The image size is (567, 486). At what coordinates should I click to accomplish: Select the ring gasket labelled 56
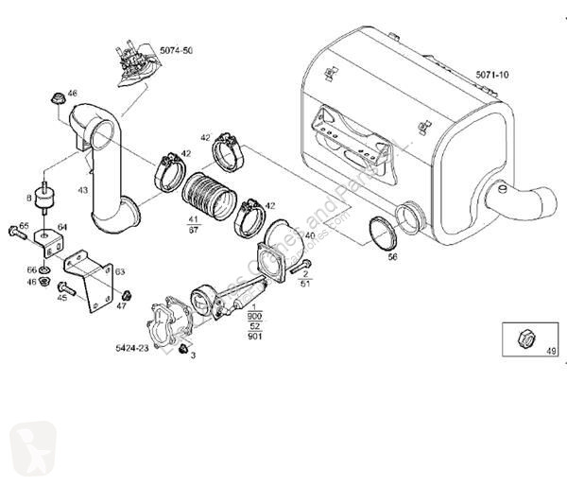[382, 233]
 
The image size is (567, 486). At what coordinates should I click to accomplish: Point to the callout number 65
[24, 226]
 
